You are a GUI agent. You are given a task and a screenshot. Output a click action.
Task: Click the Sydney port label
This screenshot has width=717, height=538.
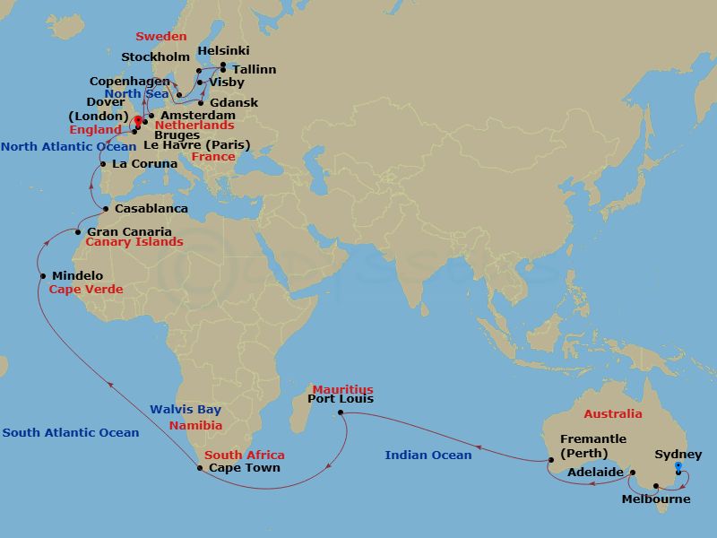(678, 456)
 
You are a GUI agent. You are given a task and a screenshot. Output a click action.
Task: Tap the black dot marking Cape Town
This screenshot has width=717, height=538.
(199, 467)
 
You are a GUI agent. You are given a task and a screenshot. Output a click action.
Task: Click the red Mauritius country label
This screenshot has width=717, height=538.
(342, 389)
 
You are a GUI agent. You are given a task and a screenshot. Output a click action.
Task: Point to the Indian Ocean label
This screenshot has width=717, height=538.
(428, 456)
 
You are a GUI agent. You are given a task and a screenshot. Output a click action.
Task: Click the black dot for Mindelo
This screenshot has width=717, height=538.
(43, 275)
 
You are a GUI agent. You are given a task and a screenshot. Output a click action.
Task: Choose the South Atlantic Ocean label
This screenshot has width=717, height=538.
(71, 433)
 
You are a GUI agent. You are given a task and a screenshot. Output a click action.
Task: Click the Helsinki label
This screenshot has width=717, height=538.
(223, 51)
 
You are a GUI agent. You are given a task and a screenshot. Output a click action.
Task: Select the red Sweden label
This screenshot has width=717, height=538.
(161, 37)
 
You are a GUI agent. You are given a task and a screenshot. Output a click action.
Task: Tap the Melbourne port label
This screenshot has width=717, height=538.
(656, 499)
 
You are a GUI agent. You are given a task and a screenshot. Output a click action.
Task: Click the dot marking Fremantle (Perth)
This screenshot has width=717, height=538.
(550, 461)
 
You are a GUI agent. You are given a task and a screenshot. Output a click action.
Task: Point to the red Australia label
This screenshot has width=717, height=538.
(613, 414)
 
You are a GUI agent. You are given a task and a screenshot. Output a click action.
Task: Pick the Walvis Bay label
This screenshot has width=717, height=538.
(186, 410)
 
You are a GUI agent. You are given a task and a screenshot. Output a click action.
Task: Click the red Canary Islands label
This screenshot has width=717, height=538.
(134, 242)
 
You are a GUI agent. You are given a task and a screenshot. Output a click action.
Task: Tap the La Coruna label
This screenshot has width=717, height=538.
(143, 164)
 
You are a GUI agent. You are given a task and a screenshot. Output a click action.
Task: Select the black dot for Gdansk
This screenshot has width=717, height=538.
(199, 102)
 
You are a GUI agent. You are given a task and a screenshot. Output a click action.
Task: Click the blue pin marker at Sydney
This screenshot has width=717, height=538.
(678, 466)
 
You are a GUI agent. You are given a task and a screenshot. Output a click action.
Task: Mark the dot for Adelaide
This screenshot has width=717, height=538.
(632, 473)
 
